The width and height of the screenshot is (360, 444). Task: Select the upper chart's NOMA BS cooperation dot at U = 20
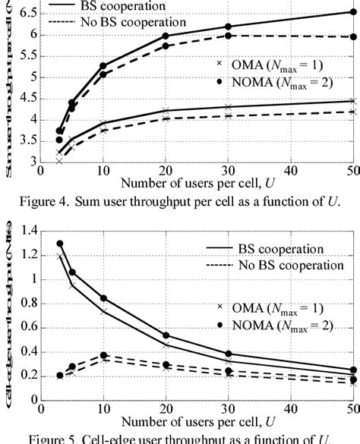166,36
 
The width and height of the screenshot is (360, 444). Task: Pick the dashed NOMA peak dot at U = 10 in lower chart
103,354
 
